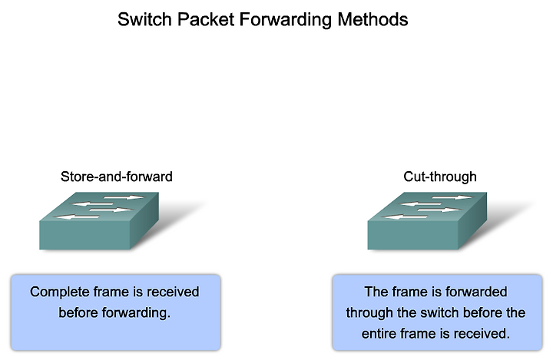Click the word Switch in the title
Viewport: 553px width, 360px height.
click(145, 19)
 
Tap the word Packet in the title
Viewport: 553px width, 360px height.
click(206, 19)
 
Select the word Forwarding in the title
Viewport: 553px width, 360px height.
click(286, 20)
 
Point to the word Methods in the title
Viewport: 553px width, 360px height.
click(373, 19)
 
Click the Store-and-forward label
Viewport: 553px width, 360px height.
click(117, 177)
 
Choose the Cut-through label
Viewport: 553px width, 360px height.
click(440, 177)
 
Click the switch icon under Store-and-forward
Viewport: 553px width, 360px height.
click(99, 221)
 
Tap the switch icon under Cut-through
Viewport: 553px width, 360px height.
click(427, 221)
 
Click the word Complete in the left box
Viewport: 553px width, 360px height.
click(59, 292)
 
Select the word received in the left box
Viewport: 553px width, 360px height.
click(173, 292)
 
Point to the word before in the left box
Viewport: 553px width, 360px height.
click(78, 312)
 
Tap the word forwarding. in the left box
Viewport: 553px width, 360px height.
click(136, 313)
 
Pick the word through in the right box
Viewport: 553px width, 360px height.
click(369, 313)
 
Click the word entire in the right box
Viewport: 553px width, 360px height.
click(379, 334)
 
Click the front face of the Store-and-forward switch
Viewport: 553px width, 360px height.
click(84, 236)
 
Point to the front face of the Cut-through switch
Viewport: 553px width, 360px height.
click(412, 236)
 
